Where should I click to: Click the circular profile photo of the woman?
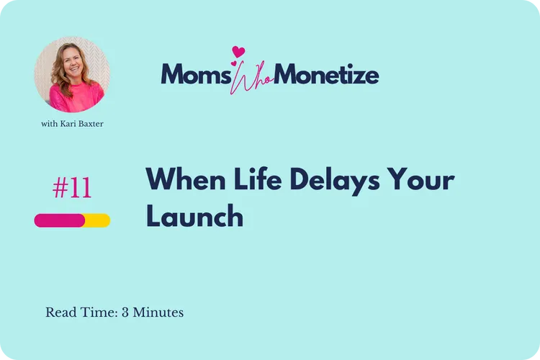coord(72,75)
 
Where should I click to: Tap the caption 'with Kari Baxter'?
coord(72,124)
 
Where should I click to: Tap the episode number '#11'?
coord(72,189)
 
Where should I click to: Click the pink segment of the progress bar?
coord(60,220)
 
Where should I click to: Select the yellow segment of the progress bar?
coord(98,220)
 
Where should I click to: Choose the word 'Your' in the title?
coord(423,179)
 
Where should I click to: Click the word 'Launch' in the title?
coord(194,216)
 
